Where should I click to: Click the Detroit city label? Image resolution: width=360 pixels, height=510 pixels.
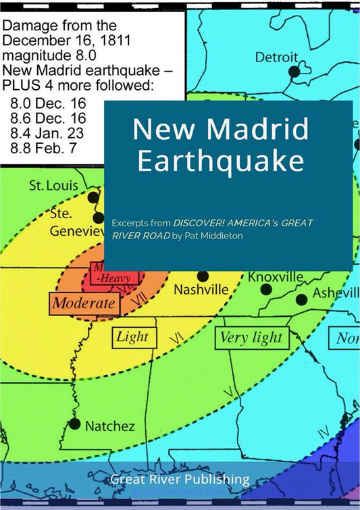click(276, 57)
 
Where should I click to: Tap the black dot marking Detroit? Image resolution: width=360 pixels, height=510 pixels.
click(294, 71)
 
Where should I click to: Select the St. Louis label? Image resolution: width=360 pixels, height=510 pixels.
click(54, 185)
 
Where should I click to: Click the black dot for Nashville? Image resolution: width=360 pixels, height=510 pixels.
click(203, 276)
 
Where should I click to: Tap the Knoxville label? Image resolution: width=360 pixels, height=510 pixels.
click(276, 277)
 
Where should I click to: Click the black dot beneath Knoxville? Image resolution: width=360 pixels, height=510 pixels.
click(266, 289)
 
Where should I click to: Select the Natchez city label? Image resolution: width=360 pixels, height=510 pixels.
click(109, 426)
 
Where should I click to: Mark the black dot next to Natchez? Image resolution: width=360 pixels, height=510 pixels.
click(74, 424)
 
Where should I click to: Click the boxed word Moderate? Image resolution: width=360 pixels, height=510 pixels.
click(84, 303)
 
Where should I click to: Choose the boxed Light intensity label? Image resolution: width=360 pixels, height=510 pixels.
click(132, 337)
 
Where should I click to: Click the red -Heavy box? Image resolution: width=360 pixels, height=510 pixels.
click(115, 276)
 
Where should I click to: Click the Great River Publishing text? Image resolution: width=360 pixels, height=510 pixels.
click(180, 480)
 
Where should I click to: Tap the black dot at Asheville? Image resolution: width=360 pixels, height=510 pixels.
click(301, 299)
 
